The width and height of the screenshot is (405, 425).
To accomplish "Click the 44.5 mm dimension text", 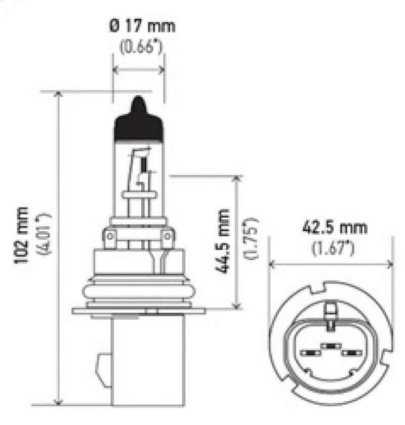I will (x=223, y=241).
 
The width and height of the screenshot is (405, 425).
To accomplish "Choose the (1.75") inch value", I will (x=251, y=239).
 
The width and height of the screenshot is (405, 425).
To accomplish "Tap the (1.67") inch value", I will (x=332, y=248).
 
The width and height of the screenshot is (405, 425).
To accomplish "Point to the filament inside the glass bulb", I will (x=143, y=164).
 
